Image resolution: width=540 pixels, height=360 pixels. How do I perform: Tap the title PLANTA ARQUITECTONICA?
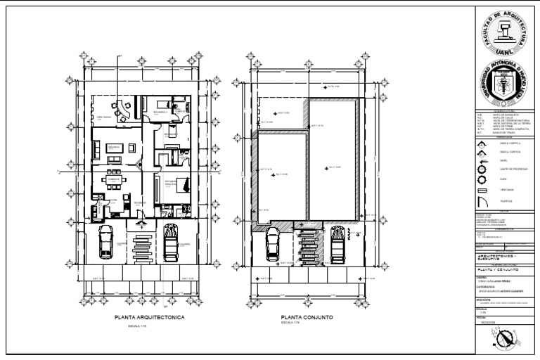click(x=149, y=318)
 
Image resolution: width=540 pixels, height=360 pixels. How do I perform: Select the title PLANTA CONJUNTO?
click(x=305, y=318)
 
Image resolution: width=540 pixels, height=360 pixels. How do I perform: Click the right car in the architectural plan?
click(x=170, y=243)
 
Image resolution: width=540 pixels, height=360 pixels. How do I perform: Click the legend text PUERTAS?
click(x=506, y=200)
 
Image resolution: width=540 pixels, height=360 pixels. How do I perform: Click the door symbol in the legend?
click(x=482, y=200)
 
